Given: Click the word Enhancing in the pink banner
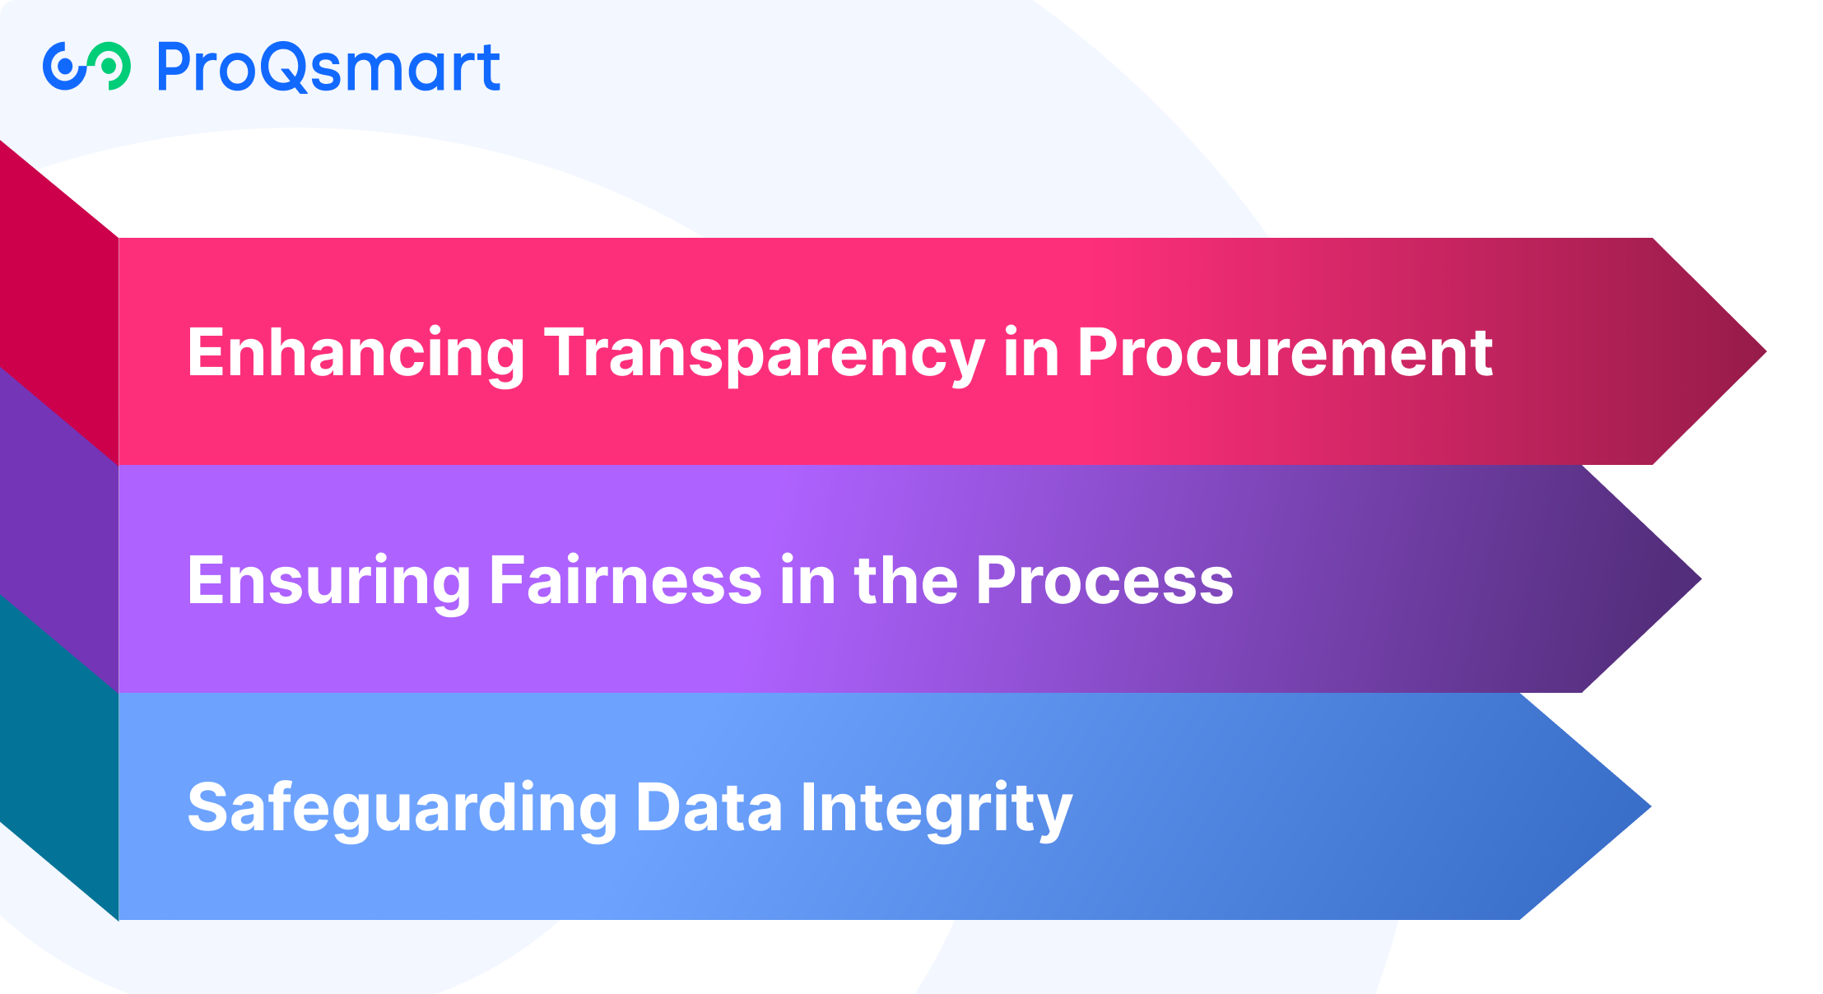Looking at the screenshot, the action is pos(356,355).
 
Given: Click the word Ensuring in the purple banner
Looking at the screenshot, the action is pos(329,583).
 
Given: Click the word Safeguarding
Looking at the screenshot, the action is pos(402,810).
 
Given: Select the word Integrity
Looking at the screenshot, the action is pos(937,810).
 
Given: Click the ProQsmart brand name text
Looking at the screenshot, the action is pos(328,67).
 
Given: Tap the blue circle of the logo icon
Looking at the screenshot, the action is pos(65,66).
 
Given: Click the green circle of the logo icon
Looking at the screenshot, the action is pos(109,66).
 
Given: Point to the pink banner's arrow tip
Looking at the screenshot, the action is pos(1765,351).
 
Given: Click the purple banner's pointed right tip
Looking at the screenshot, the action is pos(1700,579).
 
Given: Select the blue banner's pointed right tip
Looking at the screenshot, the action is pos(1649,806).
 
